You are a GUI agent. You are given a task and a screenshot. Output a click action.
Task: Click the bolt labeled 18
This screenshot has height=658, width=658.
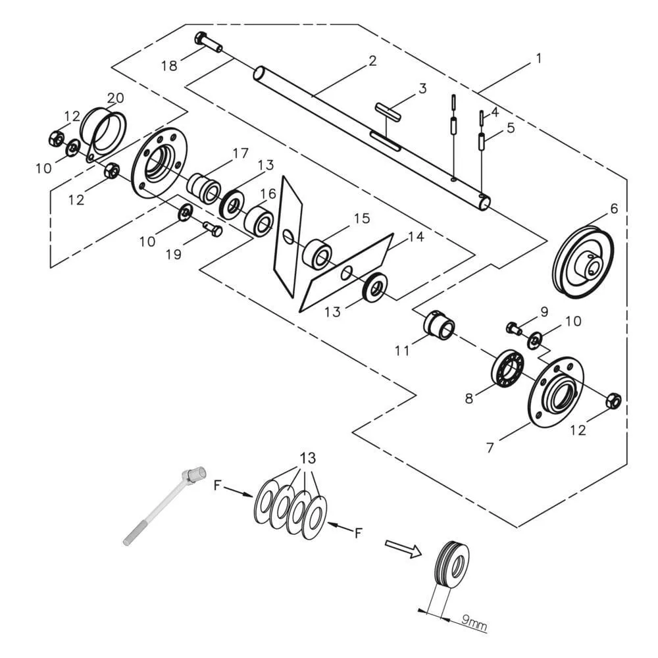[x=208, y=42]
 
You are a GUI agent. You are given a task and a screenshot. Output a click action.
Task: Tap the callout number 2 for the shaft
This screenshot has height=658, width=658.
[x=372, y=61]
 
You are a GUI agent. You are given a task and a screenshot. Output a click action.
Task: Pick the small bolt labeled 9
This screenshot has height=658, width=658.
[x=513, y=327]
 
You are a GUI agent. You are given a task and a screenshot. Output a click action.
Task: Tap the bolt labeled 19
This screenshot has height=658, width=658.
[x=213, y=229]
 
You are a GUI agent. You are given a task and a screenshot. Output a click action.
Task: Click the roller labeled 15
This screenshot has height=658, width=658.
[x=317, y=253]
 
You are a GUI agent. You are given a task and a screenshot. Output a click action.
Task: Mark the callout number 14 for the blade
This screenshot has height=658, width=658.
[x=416, y=238]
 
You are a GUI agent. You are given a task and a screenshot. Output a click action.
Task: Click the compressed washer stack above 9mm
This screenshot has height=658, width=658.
[x=453, y=564]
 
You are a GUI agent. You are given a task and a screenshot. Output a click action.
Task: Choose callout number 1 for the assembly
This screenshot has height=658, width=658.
[x=538, y=59]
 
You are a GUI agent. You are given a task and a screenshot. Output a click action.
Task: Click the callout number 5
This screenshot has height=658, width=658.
[x=511, y=128]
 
